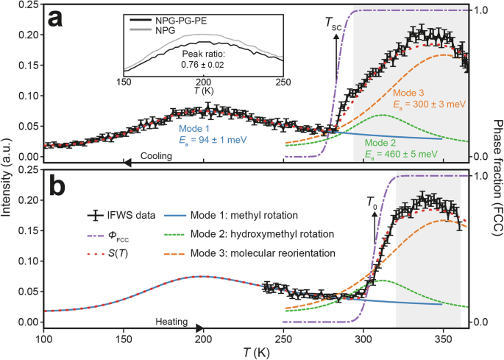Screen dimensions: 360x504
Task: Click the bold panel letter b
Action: [57, 185]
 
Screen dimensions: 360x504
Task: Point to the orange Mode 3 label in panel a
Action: [410, 93]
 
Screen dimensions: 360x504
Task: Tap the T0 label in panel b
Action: [372, 201]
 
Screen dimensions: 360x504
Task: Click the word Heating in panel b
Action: [172, 322]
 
